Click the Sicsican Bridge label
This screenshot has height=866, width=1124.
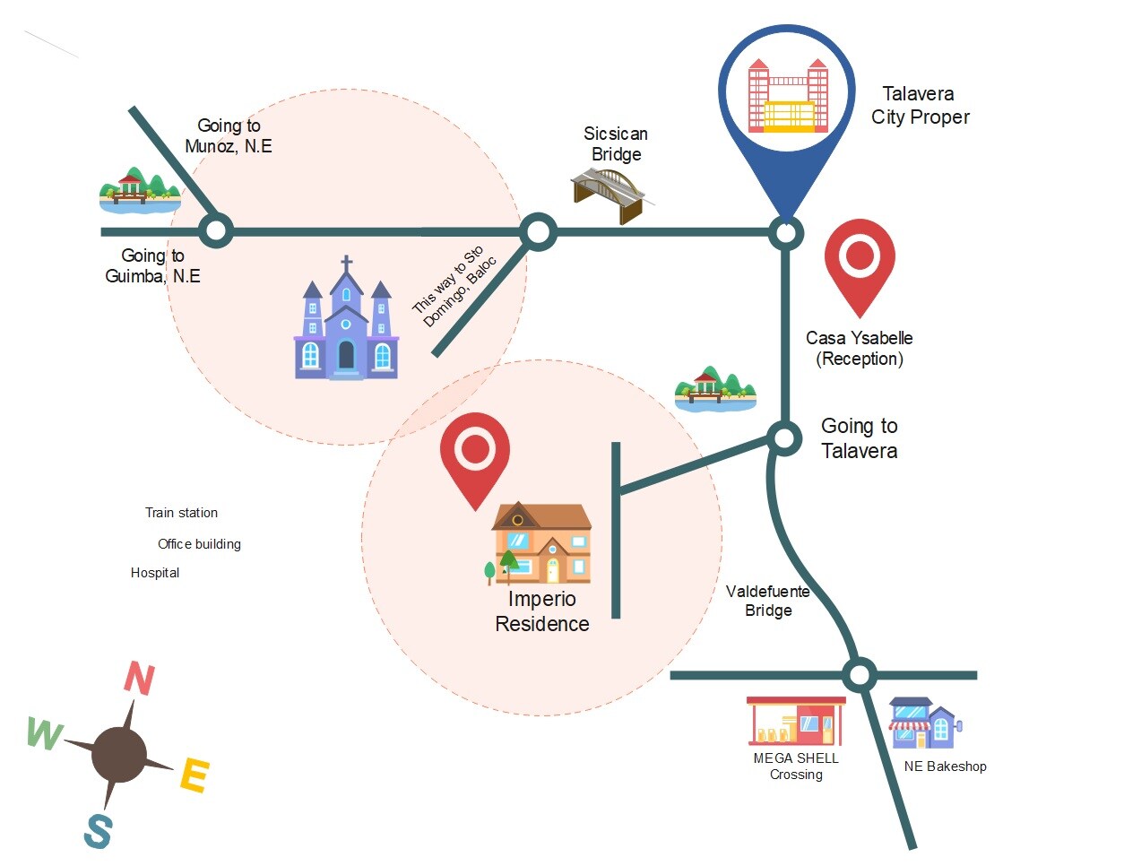pyautogui.click(x=616, y=144)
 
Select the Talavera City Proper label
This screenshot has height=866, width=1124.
pyautogui.click(x=920, y=106)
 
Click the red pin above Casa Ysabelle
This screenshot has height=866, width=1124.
pyautogui.click(x=860, y=262)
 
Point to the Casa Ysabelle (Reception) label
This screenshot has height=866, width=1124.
pyautogui.click(x=859, y=349)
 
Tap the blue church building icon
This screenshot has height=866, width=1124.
pyautogui.click(x=346, y=332)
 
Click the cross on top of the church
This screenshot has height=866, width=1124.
pyautogui.click(x=347, y=264)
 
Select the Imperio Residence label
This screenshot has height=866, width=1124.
pyautogui.click(x=542, y=611)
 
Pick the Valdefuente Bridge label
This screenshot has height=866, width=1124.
pyautogui.click(x=768, y=601)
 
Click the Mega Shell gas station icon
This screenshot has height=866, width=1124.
pyautogui.click(x=795, y=721)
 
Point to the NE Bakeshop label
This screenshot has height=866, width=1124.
pyautogui.click(x=945, y=766)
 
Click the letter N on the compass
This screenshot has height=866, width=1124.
pyautogui.click(x=139, y=679)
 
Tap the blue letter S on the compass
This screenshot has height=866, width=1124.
pyautogui.click(x=98, y=832)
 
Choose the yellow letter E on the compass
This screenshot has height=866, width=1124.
pyautogui.click(x=195, y=775)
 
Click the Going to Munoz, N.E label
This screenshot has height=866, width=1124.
pyautogui.click(x=229, y=136)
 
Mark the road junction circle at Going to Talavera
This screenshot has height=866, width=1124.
pyautogui.click(x=784, y=438)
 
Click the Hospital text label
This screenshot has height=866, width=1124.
pyautogui.click(x=155, y=573)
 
